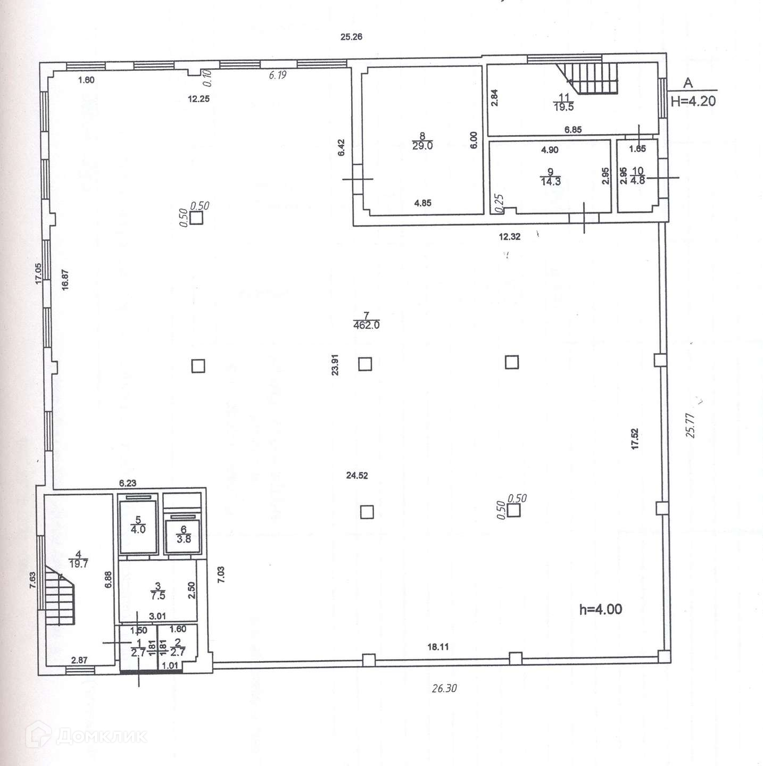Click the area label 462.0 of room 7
(x=366, y=325)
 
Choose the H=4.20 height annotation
(x=693, y=101)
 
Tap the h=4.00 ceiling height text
(x=600, y=609)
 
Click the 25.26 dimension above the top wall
(x=351, y=37)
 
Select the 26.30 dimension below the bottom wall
(x=444, y=688)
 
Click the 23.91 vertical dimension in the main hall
(x=335, y=365)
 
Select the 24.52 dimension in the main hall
(x=356, y=476)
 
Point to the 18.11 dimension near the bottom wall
(x=438, y=647)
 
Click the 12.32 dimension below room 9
(x=509, y=237)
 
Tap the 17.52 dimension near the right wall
(x=634, y=439)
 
